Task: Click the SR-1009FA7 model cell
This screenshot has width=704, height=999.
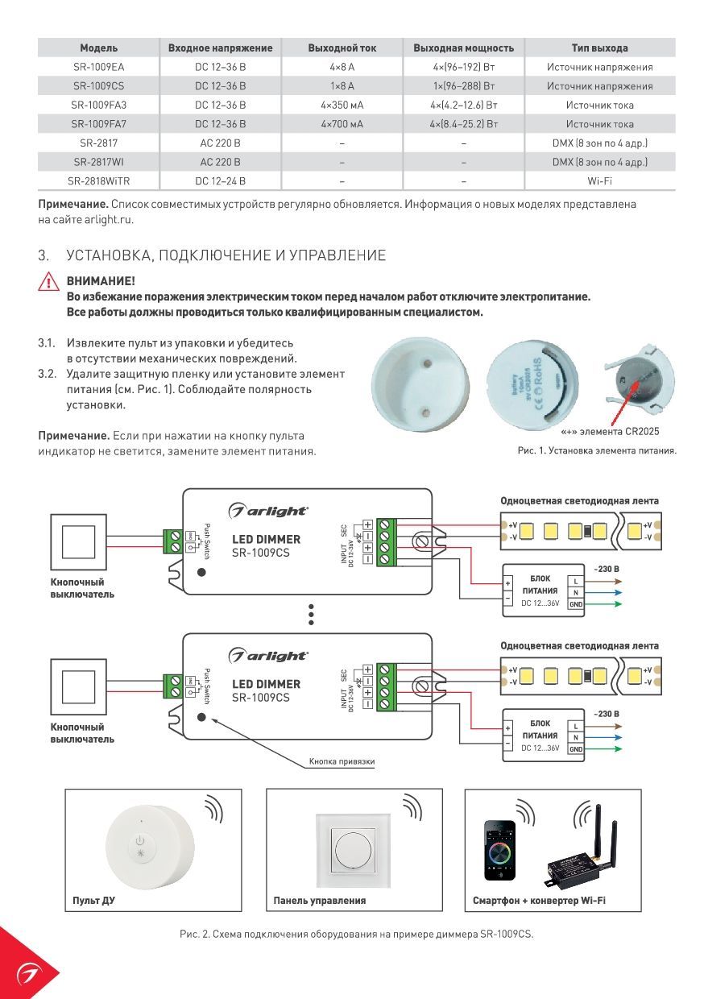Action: coord(98,124)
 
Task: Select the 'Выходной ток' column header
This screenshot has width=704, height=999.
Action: coord(342,48)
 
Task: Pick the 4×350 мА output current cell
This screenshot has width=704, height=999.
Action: coord(342,105)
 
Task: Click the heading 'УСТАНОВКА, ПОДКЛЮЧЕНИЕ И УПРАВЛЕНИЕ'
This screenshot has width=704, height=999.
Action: coord(226,255)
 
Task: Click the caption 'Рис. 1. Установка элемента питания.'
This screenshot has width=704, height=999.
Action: coord(597,450)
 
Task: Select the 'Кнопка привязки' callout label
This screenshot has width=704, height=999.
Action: coord(342,761)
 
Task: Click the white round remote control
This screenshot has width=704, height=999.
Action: coord(142,845)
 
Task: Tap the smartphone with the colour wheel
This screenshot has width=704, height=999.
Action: coord(499,850)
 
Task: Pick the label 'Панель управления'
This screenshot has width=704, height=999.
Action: coord(319,900)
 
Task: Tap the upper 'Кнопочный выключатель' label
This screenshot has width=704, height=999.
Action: coord(77,588)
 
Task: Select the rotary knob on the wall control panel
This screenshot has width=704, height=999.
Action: coord(354,850)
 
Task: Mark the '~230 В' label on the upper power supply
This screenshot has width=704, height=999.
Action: coord(606,569)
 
